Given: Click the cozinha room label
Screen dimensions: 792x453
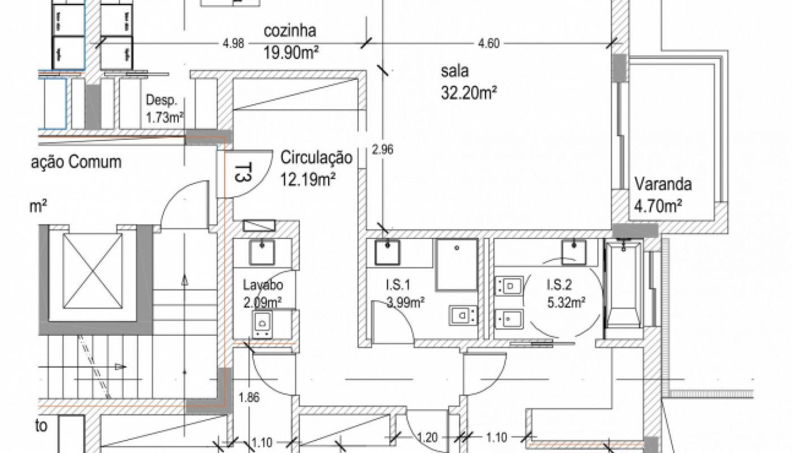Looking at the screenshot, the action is [x=290, y=31].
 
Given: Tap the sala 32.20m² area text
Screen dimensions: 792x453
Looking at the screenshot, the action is [x=469, y=93].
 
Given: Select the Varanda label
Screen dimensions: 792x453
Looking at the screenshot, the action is [x=663, y=185].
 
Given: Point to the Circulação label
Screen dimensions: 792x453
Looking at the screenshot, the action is [x=316, y=157].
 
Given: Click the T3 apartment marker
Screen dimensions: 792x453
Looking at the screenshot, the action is [x=243, y=173].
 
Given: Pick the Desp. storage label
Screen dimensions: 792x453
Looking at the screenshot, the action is [x=162, y=101].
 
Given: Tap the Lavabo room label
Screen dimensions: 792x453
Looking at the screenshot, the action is [x=263, y=285].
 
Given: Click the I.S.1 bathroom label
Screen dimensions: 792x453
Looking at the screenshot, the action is [x=398, y=284].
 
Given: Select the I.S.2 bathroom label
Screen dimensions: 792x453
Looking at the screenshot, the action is [x=559, y=284].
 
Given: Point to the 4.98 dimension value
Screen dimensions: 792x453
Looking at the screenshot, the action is [x=233, y=44].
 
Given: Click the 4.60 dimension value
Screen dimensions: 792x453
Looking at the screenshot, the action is [x=489, y=44].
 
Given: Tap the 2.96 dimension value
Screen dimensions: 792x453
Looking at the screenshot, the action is [x=382, y=150].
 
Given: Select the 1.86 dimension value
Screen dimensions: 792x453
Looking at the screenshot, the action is [x=249, y=398].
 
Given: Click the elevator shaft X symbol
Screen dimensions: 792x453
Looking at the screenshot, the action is [x=92, y=271].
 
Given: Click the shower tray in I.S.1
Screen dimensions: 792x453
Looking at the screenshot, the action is [x=457, y=265].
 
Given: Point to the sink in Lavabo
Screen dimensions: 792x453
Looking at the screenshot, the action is [x=261, y=253].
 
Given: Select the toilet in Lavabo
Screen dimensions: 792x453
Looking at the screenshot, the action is [x=262, y=324].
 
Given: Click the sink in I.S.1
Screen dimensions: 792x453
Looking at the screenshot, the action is [x=387, y=252].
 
